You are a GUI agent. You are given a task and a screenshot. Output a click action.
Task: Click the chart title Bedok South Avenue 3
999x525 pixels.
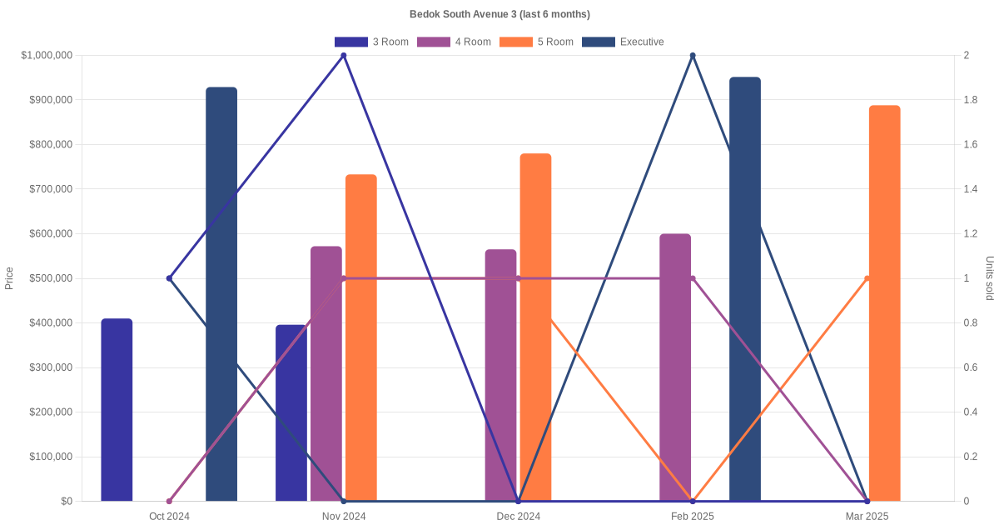coord(499,14)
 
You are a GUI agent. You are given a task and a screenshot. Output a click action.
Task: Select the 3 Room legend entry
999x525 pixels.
coord(371,42)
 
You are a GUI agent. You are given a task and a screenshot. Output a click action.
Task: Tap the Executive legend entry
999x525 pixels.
coord(623,42)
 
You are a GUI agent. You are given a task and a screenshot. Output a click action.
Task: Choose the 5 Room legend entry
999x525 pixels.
coord(536,42)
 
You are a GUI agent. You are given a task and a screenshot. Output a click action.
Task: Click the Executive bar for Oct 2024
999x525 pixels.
coord(221,294)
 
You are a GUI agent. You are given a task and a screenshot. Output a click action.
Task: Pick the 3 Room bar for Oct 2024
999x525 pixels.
coord(117,410)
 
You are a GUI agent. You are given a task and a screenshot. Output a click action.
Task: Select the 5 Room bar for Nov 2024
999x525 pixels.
coord(361,337)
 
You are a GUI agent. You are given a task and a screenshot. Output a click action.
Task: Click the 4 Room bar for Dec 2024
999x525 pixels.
coord(500,375)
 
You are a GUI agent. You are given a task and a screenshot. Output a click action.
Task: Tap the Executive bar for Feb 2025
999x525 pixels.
coord(745,289)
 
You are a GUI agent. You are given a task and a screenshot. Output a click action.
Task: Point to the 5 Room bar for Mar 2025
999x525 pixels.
coord(884,303)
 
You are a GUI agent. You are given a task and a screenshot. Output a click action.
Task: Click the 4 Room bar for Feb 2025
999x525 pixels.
coord(675,367)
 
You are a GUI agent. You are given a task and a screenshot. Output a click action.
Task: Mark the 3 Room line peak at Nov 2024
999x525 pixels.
coord(344,56)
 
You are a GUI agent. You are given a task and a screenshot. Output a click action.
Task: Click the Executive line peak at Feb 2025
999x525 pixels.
coord(693,56)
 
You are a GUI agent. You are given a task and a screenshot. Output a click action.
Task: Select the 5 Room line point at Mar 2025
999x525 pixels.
coord(867,278)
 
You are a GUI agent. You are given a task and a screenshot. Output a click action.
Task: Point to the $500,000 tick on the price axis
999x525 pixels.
coord(49,278)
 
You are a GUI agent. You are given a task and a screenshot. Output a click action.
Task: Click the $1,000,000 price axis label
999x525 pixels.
coord(47,56)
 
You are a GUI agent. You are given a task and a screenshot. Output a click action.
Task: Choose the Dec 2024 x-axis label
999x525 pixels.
coord(518,517)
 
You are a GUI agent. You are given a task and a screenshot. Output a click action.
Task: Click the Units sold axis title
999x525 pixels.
coord(990,278)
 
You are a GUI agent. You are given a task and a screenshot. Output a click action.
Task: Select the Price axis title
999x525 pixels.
coord(9,278)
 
